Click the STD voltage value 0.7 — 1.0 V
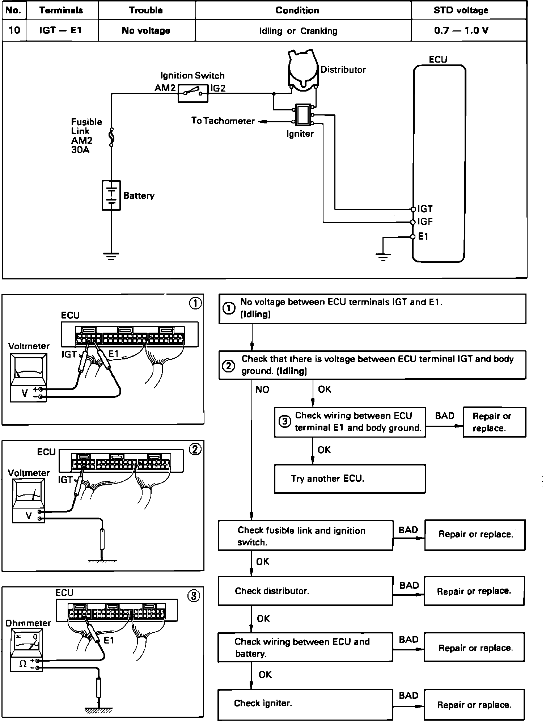pos(461,30)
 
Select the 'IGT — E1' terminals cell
pos(60,30)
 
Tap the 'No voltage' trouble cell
pos(146,30)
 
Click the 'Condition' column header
pos(297,10)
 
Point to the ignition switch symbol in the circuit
pos(192,94)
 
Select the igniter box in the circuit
pos(302,114)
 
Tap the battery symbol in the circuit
pos(111,195)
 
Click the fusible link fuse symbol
pos(111,138)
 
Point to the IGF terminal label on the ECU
pos(425,222)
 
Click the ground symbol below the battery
pos(111,257)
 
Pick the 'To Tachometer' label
pos(223,121)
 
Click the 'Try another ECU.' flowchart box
pos(350,479)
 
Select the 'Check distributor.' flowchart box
pos(305,591)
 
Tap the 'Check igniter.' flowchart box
pos(305,703)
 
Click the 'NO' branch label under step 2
pos(262,389)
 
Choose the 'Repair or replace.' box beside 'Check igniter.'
pos(474,705)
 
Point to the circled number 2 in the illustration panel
pos(195,450)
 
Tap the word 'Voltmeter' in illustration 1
pos(29,346)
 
